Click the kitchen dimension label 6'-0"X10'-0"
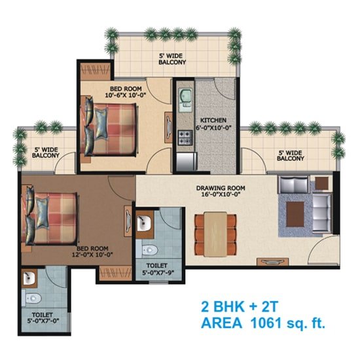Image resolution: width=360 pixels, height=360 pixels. pos(213,128)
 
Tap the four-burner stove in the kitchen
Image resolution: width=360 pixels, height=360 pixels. pos(185,137)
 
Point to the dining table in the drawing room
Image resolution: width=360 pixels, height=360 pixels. pos(215,234)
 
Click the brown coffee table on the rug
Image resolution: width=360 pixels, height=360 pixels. pos(295,214)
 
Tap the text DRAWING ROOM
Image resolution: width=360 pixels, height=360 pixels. pos(221,188)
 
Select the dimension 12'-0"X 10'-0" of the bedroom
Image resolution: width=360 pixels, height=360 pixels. pos(92,255)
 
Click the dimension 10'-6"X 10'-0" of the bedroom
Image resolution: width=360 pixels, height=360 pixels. pos(126,95)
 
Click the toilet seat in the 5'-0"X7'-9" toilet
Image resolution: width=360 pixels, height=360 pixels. pos(150,250)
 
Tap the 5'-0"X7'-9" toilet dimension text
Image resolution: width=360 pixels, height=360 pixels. pos(158,273)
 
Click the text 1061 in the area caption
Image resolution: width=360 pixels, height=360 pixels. pos(266,323)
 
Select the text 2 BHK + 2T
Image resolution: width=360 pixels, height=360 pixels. pos(240,306)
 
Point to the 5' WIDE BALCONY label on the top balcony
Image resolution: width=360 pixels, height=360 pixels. pos(172,59)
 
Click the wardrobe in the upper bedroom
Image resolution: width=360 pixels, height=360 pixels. pos(96,71)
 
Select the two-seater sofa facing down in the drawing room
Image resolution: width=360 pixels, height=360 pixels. pos(293,185)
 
